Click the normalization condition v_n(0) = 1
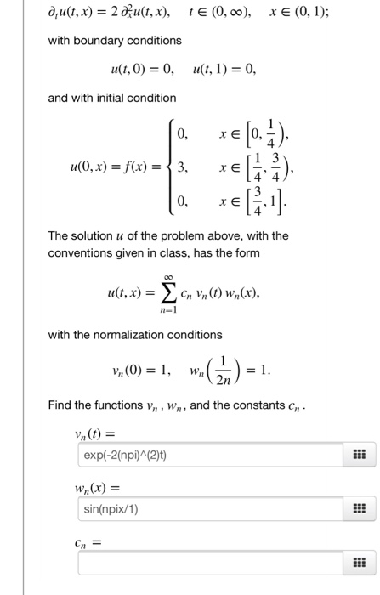140,370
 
